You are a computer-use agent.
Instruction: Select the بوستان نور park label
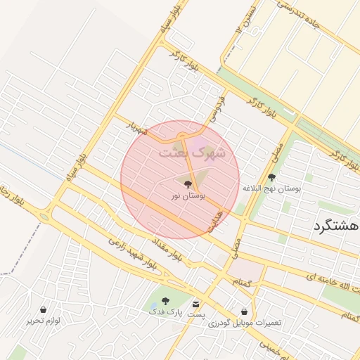[187, 195]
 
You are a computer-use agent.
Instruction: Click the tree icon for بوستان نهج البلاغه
[272, 178]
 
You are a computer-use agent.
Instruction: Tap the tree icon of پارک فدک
[165, 301]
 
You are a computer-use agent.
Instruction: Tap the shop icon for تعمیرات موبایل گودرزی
[244, 311]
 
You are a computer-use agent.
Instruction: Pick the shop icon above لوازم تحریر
[44, 309]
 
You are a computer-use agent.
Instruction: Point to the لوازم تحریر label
[44, 321]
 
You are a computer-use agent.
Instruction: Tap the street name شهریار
[137, 127]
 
